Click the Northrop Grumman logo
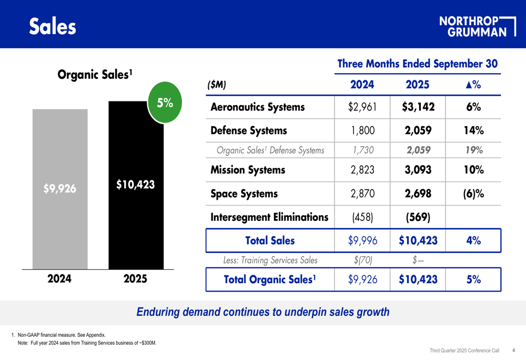pyautogui.click(x=478, y=26)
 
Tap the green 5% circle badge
pyautogui.click(x=165, y=102)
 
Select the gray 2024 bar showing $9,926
pyautogui.click(x=60, y=189)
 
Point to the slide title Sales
pyautogui.click(x=53, y=26)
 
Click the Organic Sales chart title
pyautogui.click(x=95, y=75)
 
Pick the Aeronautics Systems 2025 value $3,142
pyautogui.click(x=418, y=107)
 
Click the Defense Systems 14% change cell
pyautogui.click(x=473, y=130)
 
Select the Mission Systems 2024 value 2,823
pyautogui.click(x=362, y=170)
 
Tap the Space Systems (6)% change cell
pyautogui.click(x=473, y=194)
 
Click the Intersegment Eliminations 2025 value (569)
pyautogui.click(x=418, y=217)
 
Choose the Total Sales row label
pyautogui.click(x=270, y=240)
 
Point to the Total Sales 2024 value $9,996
pyautogui.click(x=362, y=240)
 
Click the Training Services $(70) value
pyautogui.click(x=362, y=260)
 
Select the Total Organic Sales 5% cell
pyautogui.click(x=473, y=279)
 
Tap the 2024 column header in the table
pyautogui.click(x=362, y=85)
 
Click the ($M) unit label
pyautogui.click(x=217, y=85)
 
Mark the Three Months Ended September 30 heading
pyautogui.click(x=417, y=64)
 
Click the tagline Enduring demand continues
pyautogui.click(x=263, y=312)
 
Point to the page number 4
pyautogui.click(x=513, y=351)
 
